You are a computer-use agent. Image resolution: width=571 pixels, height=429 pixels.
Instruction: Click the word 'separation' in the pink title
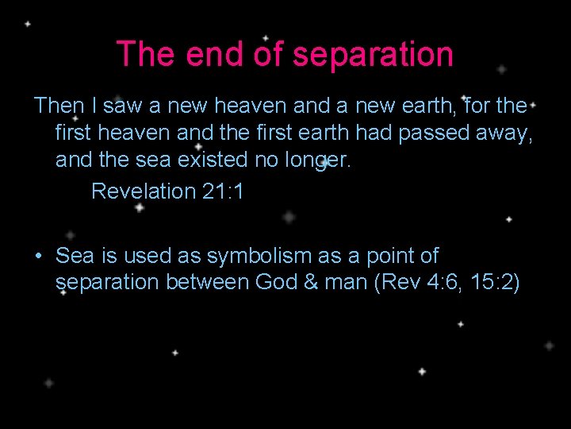click(x=373, y=55)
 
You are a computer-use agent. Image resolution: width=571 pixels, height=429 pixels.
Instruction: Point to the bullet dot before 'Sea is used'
click(x=37, y=257)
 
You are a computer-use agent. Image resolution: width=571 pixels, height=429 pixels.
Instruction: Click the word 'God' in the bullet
click(x=276, y=283)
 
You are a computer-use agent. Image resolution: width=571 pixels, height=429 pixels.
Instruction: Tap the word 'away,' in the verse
click(x=504, y=133)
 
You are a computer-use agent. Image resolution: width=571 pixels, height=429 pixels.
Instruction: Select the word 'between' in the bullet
click(x=208, y=283)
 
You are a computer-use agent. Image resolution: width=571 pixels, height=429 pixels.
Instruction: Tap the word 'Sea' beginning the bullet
click(x=75, y=256)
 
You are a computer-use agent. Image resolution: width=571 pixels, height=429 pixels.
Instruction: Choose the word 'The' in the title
click(x=141, y=55)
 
